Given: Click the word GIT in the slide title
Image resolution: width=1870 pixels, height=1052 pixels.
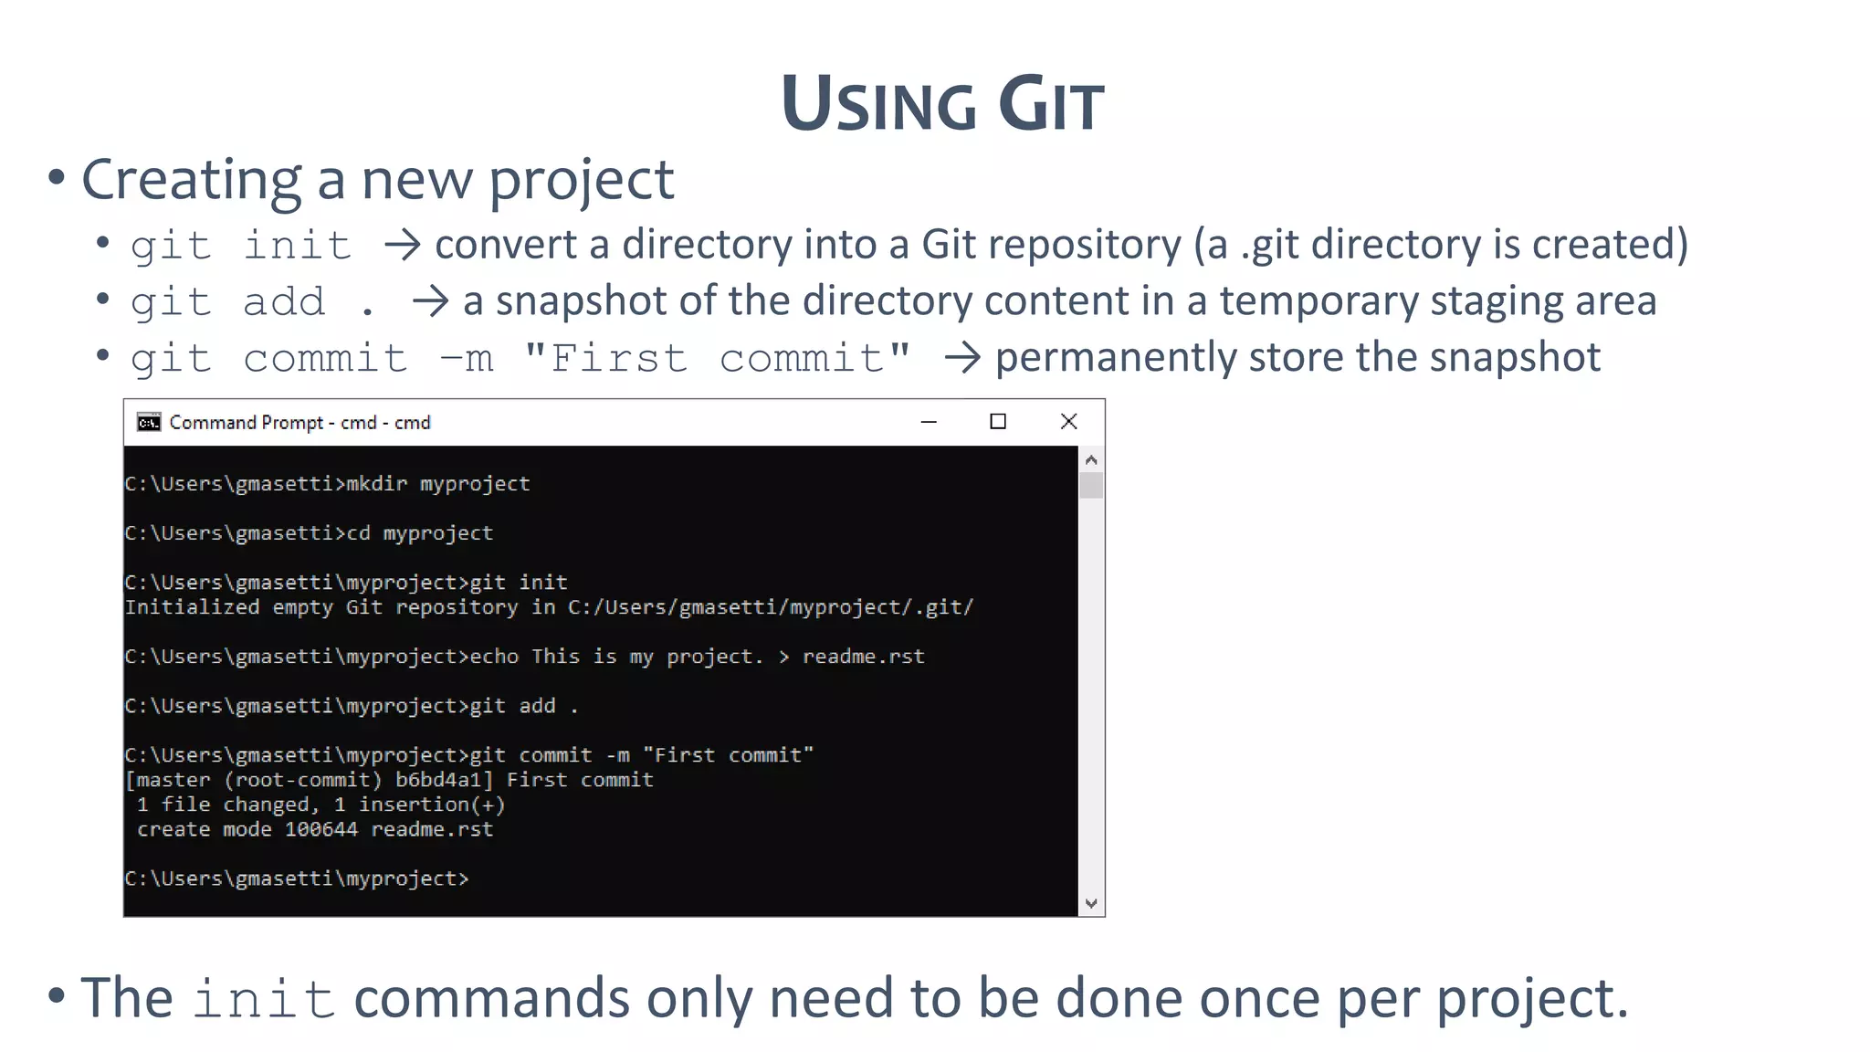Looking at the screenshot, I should pyautogui.click(x=1051, y=105).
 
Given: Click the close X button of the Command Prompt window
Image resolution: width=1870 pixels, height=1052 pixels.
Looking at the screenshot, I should pyautogui.click(x=1068, y=421).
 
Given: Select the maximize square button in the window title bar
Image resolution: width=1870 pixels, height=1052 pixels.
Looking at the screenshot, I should pyautogui.click(x=998, y=421).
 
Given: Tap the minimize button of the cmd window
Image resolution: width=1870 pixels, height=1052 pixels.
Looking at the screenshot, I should pyautogui.click(x=929, y=422).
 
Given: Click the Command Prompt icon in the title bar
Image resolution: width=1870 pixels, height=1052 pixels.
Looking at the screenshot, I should pyautogui.click(x=148, y=422).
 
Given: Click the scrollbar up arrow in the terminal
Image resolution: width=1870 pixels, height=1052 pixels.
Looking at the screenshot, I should pyautogui.click(x=1091, y=459).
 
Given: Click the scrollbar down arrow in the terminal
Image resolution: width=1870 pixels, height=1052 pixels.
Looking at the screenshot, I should pyautogui.click(x=1091, y=904).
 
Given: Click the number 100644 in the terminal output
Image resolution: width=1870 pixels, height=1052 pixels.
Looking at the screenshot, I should pyautogui.click(x=321, y=829).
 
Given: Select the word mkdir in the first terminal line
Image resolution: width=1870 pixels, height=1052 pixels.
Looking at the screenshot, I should pyautogui.click(x=376, y=484).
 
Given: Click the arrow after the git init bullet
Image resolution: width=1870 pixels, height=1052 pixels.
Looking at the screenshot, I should pyautogui.click(x=402, y=245).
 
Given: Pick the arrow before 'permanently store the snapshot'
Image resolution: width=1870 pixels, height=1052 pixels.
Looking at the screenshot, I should pyautogui.click(x=962, y=357).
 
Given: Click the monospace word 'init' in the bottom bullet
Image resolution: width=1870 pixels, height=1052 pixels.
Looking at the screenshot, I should pyautogui.click(x=263, y=998).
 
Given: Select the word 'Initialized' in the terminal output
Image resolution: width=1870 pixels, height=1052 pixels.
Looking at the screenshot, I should pyautogui.click(x=192, y=607).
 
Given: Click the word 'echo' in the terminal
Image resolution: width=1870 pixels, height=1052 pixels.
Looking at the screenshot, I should pyautogui.click(x=494, y=657).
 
